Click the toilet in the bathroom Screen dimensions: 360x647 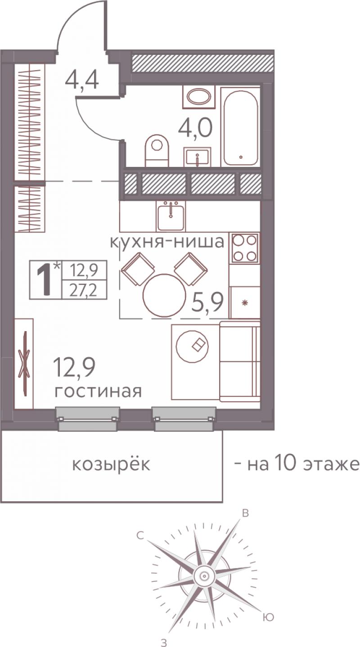pyautogui.click(x=157, y=150)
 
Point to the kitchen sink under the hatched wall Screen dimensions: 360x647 pyautogui.click(x=171, y=215)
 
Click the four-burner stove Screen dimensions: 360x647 pyautogui.click(x=244, y=248)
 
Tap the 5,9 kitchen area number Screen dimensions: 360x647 pyautogui.click(x=208, y=302)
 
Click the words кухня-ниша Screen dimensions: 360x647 pyautogui.click(x=167, y=242)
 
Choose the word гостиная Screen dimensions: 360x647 pyautogui.click(x=98, y=391)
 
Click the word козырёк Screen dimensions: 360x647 pyautogui.click(x=111, y=464)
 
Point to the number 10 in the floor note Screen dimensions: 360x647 pyautogui.click(x=286, y=464)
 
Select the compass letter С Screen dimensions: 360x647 pyautogui.click(x=140, y=536)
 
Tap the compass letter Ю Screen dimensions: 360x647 pyautogui.click(x=268, y=607)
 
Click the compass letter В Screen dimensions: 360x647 pyautogui.click(x=245, y=512)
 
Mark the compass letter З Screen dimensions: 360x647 pyautogui.click(x=164, y=643)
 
